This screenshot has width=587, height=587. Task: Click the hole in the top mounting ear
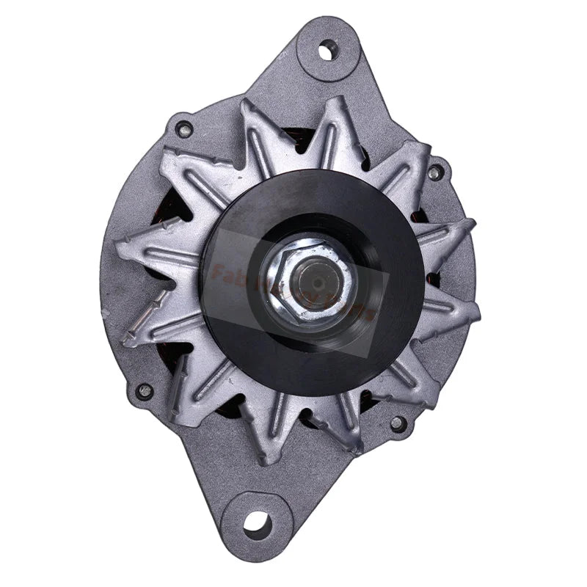[x=325, y=52]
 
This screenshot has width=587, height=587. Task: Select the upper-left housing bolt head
[x=184, y=130]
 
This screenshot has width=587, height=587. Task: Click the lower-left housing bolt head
[x=145, y=390]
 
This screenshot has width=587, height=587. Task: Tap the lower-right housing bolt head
[x=397, y=423]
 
